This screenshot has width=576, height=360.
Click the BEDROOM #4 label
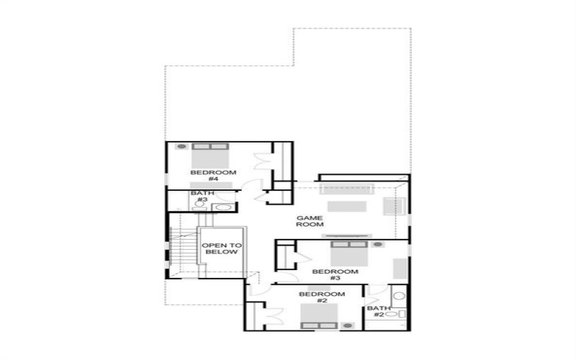(213, 176)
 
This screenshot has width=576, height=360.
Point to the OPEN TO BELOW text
(222, 249)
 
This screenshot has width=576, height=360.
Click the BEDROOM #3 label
(335, 274)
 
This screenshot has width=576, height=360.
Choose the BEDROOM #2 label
(318, 298)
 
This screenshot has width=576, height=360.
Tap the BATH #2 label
(378, 312)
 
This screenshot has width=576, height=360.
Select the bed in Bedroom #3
(349, 253)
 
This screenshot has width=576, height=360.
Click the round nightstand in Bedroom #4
(181, 147)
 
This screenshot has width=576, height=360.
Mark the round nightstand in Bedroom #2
(348, 325)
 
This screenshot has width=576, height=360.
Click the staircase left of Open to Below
(184, 251)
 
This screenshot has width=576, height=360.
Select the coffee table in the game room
(346, 207)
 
